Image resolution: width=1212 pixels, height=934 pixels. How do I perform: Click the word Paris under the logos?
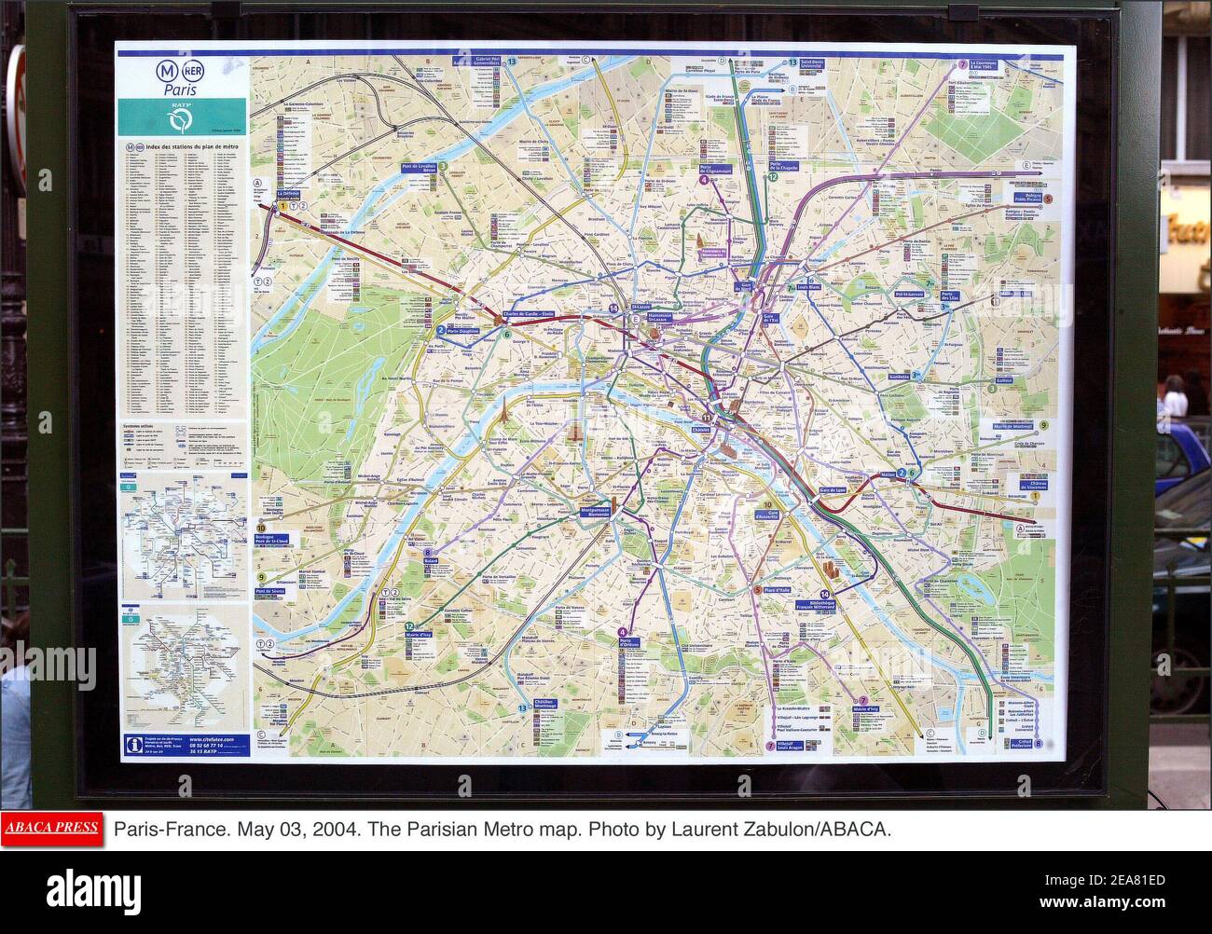click(183, 90)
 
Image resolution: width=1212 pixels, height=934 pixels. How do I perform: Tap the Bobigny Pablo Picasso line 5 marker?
click(1048, 199)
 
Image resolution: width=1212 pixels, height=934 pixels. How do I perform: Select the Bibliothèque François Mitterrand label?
click(844, 605)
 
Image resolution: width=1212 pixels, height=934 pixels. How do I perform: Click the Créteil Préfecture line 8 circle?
click(1050, 744)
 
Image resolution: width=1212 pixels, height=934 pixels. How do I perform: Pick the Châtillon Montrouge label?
click(544, 705)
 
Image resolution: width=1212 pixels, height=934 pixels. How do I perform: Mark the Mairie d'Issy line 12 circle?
click(409, 626)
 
